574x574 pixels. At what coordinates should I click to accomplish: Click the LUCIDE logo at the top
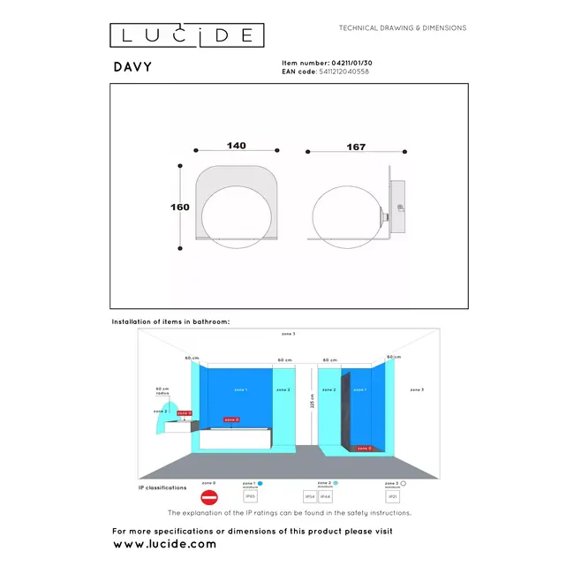pyautogui.click(x=186, y=35)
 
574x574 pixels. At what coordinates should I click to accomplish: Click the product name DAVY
pyautogui.click(x=132, y=66)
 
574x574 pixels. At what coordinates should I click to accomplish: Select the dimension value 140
pyautogui.click(x=236, y=146)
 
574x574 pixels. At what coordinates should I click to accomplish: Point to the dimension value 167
pyautogui.click(x=356, y=147)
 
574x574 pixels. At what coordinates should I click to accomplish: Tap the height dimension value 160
pyautogui.click(x=179, y=208)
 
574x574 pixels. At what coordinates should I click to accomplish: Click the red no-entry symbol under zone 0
pyautogui.click(x=209, y=499)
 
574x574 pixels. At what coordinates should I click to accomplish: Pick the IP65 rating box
pyautogui.click(x=250, y=497)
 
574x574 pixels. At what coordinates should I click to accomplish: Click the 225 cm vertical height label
pyautogui.click(x=312, y=402)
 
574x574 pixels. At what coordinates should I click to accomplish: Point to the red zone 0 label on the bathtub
pyautogui.click(x=230, y=419)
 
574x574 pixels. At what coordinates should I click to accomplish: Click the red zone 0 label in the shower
pyautogui.click(x=364, y=449)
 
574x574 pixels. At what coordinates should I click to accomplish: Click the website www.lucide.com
pyautogui.click(x=164, y=545)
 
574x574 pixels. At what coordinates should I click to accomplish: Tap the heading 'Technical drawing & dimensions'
pyautogui.click(x=403, y=28)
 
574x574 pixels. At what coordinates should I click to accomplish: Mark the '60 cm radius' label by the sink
pyautogui.click(x=162, y=391)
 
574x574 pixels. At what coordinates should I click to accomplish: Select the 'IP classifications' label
pyautogui.click(x=162, y=487)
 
